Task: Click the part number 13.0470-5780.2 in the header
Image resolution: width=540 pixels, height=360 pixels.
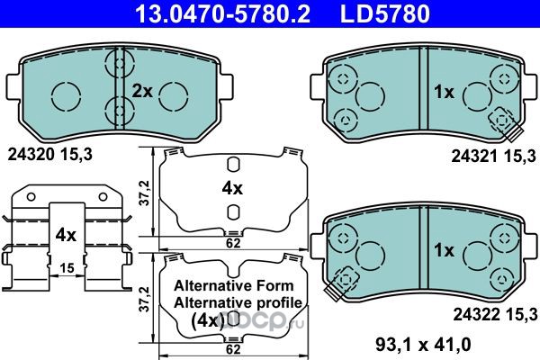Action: click(x=223, y=13)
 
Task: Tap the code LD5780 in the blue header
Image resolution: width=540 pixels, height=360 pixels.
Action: click(x=385, y=13)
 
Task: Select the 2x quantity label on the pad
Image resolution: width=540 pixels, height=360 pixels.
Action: click(x=142, y=92)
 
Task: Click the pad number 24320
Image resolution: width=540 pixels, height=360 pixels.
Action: click(x=31, y=155)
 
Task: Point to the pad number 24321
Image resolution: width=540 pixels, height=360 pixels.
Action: click(x=475, y=157)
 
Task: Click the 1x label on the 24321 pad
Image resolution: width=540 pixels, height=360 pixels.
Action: click(x=444, y=92)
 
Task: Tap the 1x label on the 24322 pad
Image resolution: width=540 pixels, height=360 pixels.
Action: click(x=445, y=250)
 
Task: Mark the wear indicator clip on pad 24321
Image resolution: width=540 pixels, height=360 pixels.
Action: click(x=506, y=123)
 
